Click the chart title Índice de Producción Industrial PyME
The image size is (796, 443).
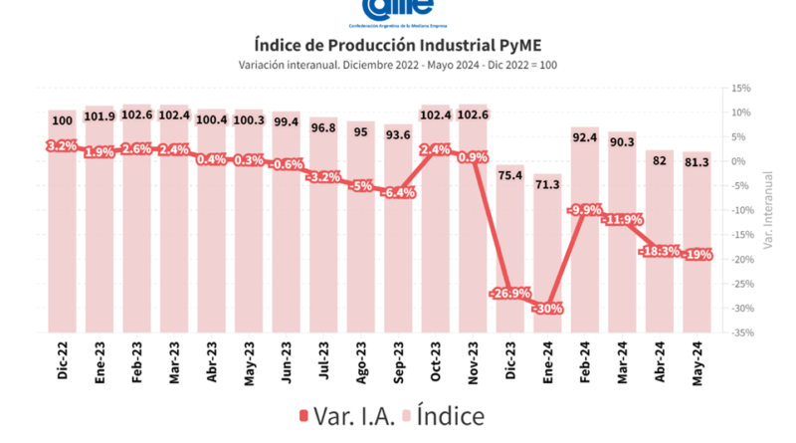397,44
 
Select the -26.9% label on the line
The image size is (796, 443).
508,294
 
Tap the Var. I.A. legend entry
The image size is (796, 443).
348,414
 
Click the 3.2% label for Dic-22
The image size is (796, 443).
63,146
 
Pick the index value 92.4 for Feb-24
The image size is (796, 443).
583,134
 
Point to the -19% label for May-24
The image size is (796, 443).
696,255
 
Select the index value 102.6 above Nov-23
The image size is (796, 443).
472,115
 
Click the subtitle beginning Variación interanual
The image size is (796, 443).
397,65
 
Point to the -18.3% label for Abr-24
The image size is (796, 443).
658,251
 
